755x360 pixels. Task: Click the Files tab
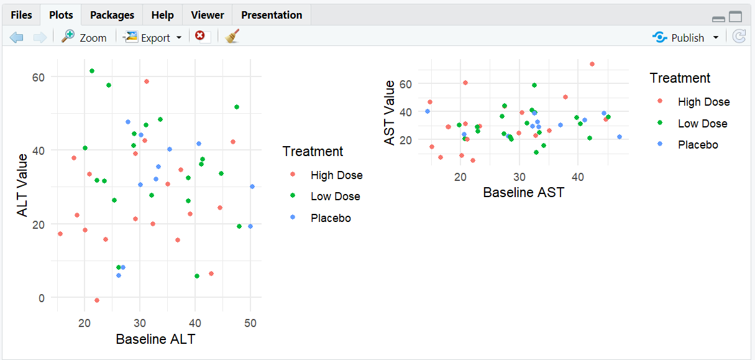point(21,15)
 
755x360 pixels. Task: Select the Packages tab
point(112,15)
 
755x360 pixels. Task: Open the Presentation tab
point(272,15)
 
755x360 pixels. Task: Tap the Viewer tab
point(208,15)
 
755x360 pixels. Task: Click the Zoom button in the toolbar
point(85,37)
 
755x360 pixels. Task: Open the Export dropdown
point(153,37)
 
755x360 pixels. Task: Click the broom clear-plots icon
point(232,37)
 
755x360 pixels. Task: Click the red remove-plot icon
point(200,36)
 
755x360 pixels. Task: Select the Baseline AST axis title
point(523,192)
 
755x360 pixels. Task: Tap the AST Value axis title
point(390,113)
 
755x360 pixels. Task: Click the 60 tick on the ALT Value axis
point(40,77)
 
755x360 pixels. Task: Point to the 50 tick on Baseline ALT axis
point(250,322)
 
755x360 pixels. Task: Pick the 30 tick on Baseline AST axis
point(519,177)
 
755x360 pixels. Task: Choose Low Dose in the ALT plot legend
point(335,196)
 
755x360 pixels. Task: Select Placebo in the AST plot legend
point(697,145)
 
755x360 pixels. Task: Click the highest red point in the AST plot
point(592,64)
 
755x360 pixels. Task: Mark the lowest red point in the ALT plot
point(97,300)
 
